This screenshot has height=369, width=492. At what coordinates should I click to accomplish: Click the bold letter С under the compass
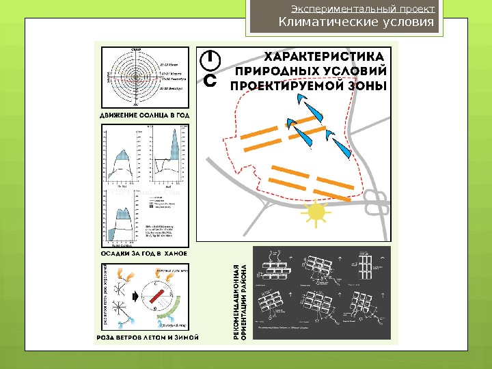[211, 81]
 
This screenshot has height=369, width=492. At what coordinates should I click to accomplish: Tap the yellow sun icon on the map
[317, 213]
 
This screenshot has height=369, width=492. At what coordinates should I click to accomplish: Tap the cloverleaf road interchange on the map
[374, 202]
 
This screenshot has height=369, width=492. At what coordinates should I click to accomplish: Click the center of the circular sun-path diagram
[135, 77]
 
